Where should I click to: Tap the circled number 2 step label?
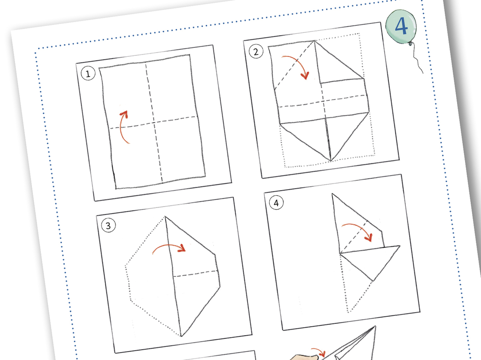pos(256,52)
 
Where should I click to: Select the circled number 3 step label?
pos(108,226)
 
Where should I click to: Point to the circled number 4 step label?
pos(276,203)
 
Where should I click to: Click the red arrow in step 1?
pos(122,127)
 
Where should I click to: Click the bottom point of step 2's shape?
pos(331,161)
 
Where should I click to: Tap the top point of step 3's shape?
pos(165,217)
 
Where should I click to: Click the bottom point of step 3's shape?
pos(181,336)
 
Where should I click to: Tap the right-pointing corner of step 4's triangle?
pos(399,245)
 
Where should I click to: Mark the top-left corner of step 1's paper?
pos(100,67)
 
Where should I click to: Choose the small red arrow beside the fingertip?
pos(319,352)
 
